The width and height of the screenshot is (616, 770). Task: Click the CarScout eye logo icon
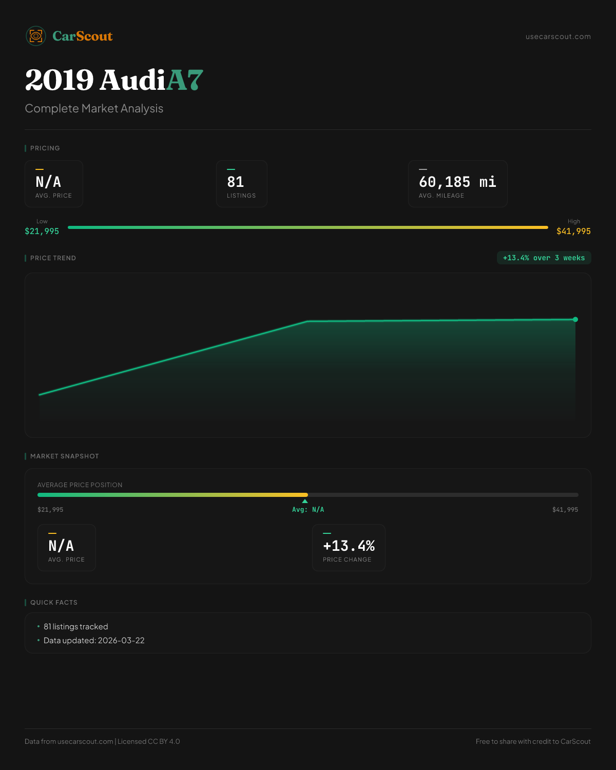(x=36, y=36)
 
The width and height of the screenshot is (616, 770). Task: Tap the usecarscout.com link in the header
(x=558, y=36)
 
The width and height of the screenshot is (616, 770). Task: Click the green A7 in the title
(x=185, y=80)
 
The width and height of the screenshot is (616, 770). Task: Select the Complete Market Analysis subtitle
(x=94, y=109)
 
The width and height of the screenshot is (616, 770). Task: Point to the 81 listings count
(x=236, y=182)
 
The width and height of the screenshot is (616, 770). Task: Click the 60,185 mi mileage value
(x=457, y=182)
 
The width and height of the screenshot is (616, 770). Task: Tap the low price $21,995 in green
(x=42, y=232)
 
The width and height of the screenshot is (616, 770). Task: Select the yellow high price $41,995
(x=573, y=232)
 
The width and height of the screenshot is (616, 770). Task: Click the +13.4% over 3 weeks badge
(x=544, y=258)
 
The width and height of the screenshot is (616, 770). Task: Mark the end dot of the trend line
(x=575, y=319)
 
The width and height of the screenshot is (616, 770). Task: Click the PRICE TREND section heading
(x=53, y=258)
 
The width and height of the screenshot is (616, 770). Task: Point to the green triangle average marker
(x=305, y=501)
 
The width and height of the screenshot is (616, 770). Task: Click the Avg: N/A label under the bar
(x=308, y=510)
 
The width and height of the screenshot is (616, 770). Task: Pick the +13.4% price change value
(x=349, y=546)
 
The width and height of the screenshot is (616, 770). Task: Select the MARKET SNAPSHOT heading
(x=64, y=456)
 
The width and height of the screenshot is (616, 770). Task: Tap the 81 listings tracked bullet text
(x=76, y=627)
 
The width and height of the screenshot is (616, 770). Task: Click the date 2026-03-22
(x=121, y=641)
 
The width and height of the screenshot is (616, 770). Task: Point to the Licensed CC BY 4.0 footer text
(x=149, y=741)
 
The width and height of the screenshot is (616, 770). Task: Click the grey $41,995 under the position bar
(x=565, y=510)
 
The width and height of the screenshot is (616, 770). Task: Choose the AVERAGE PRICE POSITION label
(x=80, y=485)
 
